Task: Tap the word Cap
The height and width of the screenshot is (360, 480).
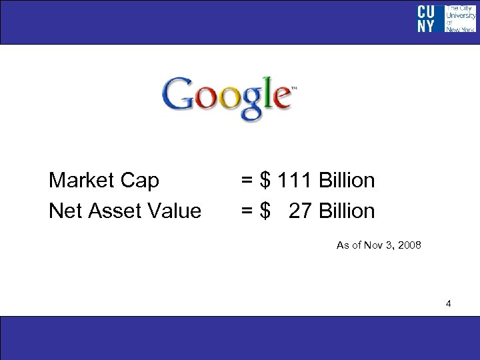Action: [x=141, y=181]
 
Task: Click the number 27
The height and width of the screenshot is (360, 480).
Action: [x=301, y=211]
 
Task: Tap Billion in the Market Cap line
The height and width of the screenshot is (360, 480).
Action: [x=347, y=181]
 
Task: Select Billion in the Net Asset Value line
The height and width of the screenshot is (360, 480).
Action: [x=347, y=211]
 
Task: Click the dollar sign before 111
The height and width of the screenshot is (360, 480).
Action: [x=266, y=181]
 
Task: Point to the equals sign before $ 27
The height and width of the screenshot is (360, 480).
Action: [x=246, y=211]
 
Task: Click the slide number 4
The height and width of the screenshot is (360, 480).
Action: [x=449, y=305]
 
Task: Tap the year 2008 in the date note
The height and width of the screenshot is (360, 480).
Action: [x=408, y=246]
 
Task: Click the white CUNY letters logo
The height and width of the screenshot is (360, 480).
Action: [x=427, y=19]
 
